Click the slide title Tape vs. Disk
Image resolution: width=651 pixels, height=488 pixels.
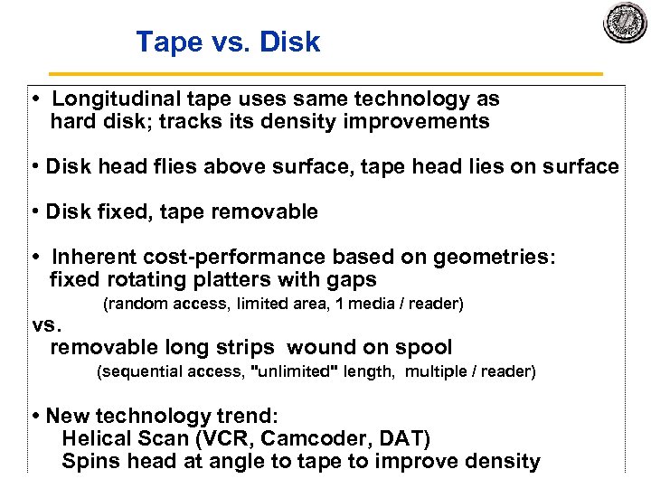[x=228, y=42]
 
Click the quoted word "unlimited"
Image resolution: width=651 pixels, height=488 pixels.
[x=297, y=372]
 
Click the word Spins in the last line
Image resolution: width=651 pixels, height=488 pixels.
[x=86, y=462]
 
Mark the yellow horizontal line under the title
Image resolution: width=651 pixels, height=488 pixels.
[x=325, y=73]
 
